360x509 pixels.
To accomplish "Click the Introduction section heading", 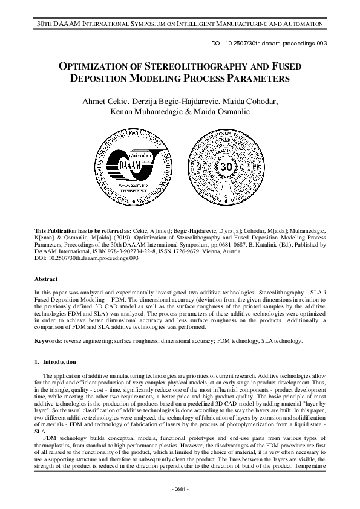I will (x=59, y=361).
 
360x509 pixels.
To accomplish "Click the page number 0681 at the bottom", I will (x=180, y=488).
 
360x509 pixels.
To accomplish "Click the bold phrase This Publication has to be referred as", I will (x=88, y=232).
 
